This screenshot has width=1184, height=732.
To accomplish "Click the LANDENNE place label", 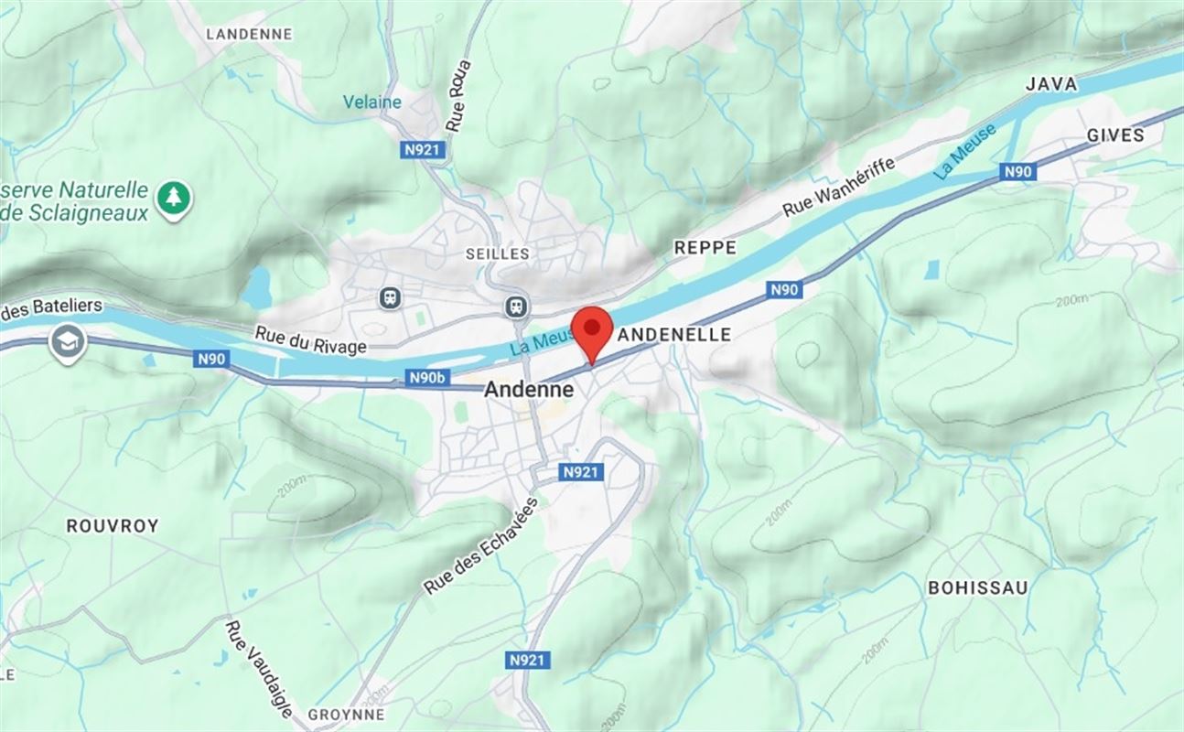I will tap(249, 34).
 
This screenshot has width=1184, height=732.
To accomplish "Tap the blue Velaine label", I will tap(372, 102).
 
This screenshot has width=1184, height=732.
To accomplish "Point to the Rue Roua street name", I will tap(457, 94).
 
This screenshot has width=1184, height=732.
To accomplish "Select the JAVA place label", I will tap(1051, 83).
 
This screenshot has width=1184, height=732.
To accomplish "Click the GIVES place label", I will tap(1114, 135).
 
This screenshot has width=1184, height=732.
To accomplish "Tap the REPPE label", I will tap(705, 247).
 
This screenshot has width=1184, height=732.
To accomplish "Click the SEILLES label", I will tap(497, 253).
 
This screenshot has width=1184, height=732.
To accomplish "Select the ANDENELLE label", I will tap(675, 335).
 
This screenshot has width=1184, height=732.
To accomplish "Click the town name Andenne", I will tap(529, 389).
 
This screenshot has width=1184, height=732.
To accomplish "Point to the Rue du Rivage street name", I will tap(311, 340).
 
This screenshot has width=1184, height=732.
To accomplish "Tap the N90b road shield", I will tap(427, 377).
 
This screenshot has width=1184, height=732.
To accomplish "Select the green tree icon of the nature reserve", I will tap(173, 196).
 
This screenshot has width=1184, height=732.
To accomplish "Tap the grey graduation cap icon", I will tap(68, 341).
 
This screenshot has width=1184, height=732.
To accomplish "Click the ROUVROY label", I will tap(113, 525).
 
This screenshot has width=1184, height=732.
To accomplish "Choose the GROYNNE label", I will tap(346, 714).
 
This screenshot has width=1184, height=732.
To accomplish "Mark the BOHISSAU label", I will tap(978, 587).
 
